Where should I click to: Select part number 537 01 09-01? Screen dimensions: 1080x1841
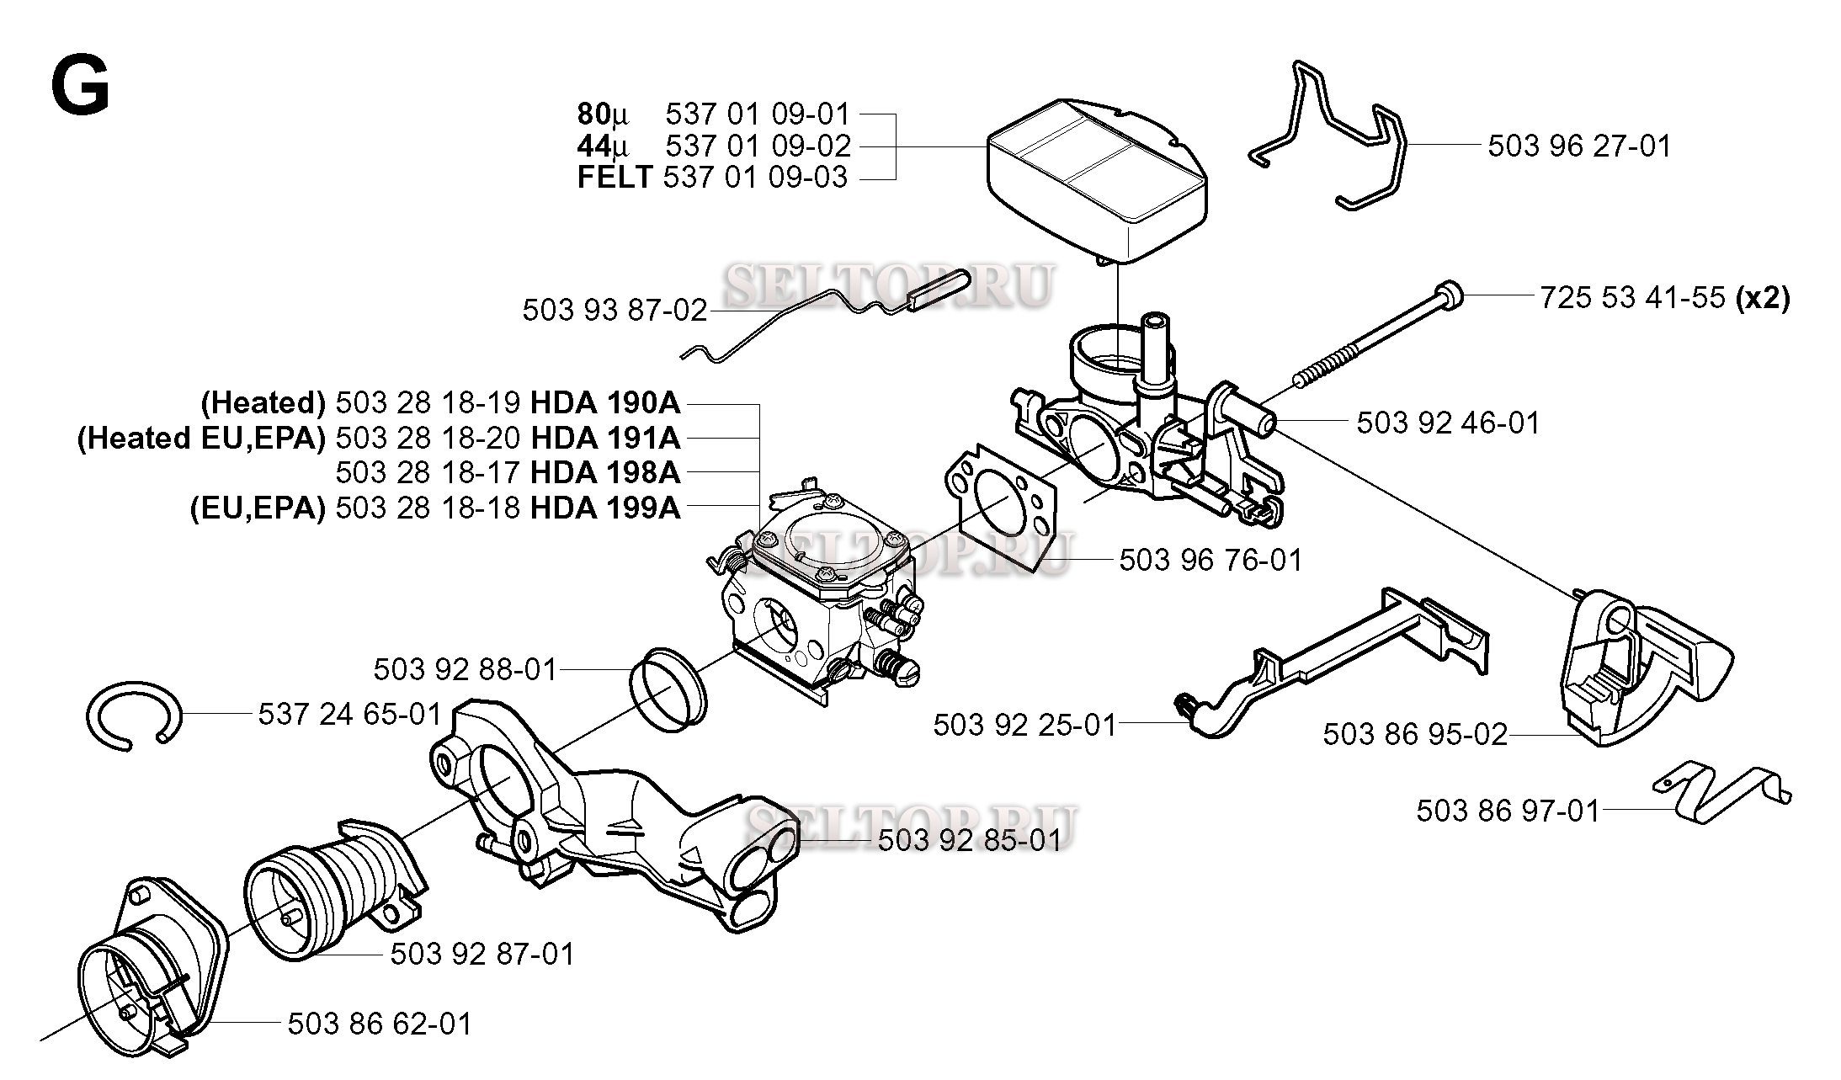tap(758, 114)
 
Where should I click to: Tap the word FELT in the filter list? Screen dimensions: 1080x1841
tap(615, 178)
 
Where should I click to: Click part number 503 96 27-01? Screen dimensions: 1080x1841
tap(1578, 146)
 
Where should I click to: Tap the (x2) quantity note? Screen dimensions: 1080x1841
tap(1763, 298)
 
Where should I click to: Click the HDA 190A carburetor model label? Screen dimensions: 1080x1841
tap(604, 403)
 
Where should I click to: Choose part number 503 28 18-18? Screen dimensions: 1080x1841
tap(428, 508)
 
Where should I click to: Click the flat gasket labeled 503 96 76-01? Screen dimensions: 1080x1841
tap(1002, 505)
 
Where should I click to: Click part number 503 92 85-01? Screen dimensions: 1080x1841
tap(969, 840)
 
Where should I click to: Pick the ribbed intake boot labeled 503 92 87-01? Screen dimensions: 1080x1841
tap(328, 884)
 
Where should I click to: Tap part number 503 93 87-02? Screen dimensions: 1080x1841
tap(615, 311)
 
